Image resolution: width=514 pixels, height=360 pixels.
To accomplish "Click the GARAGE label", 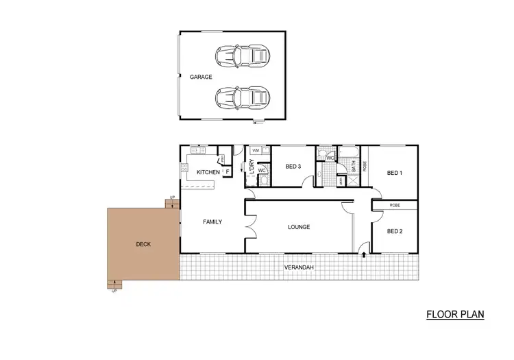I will (x=201, y=77).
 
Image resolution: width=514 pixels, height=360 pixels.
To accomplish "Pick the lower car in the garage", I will (x=243, y=97).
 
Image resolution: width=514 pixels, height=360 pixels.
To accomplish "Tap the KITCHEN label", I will (x=208, y=171).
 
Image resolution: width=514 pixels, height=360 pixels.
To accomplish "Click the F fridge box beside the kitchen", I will (x=227, y=171).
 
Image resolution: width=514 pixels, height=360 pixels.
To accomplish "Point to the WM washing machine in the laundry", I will (x=255, y=150).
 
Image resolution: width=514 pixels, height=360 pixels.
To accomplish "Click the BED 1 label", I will (x=394, y=173).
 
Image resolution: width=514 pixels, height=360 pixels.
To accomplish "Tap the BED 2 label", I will (x=394, y=232).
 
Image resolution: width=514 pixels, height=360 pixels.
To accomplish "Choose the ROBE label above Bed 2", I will (x=395, y=205).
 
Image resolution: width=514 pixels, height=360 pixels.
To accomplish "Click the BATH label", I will (x=354, y=165).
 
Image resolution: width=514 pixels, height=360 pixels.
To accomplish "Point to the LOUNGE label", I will (x=299, y=227).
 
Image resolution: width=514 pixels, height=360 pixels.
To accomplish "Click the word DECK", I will (x=143, y=244).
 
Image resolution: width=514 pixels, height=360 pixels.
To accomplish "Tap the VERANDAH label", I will (x=299, y=267).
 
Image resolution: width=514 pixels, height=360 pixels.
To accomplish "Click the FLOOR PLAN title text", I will (x=455, y=315).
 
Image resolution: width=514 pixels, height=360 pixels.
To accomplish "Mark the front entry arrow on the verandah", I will (x=363, y=256).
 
